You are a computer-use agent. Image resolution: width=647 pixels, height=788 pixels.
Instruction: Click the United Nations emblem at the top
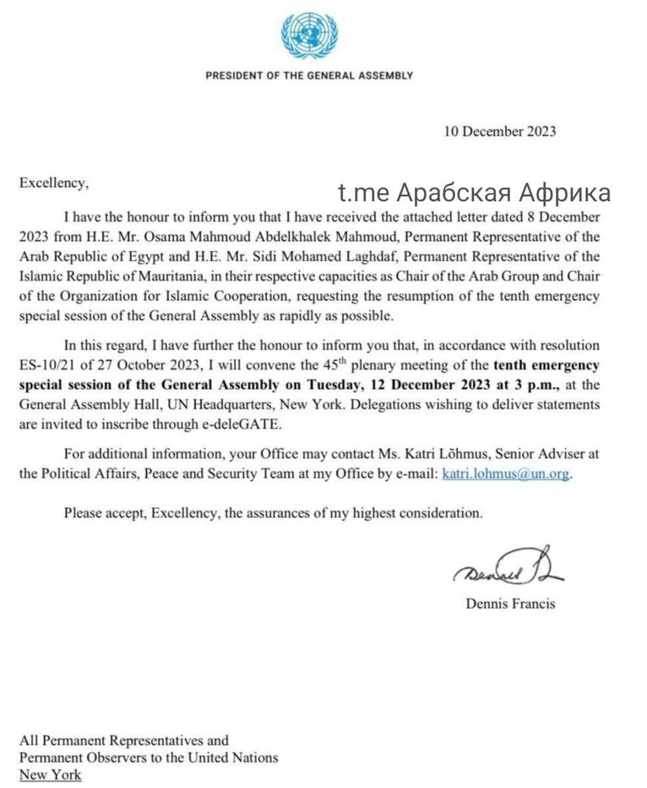(309, 37)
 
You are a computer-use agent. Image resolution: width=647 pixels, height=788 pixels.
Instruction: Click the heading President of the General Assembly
(309, 76)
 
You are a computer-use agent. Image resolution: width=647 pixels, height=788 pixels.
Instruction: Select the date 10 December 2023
(500, 131)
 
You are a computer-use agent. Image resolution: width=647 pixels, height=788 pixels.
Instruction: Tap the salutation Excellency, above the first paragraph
(54, 183)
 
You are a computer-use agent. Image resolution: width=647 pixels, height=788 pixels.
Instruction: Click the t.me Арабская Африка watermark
(474, 193)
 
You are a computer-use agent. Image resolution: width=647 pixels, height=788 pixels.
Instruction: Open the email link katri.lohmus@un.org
(506, 475)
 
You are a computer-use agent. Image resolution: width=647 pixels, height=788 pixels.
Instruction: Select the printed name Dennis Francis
(510, 604)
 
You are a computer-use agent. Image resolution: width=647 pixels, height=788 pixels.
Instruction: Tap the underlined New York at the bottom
(50, 775)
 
